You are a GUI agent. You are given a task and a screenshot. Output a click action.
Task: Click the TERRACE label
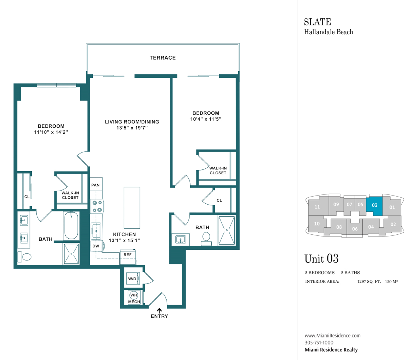163,58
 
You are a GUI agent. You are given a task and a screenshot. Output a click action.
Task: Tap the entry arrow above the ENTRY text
159,311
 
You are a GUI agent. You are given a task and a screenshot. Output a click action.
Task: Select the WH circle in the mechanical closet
134,295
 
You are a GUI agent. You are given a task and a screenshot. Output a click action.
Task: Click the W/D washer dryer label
132,279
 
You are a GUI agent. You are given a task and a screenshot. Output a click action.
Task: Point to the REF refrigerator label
127,255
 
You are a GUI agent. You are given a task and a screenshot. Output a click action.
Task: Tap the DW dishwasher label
96,246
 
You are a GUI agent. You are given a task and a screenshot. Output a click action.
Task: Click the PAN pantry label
95,185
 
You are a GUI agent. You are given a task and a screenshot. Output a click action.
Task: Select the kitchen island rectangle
132,208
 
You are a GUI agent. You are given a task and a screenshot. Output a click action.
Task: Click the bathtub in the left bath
71,226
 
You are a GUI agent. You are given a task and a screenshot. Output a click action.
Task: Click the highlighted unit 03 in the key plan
374,205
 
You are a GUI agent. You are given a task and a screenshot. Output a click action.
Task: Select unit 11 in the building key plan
317,207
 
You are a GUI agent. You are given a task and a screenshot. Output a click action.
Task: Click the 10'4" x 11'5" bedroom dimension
206,119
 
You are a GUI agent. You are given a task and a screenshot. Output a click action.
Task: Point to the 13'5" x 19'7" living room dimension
132,128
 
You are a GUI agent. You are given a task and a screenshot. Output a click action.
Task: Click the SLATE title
318,22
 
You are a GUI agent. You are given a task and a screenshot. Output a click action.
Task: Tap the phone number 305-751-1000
319,343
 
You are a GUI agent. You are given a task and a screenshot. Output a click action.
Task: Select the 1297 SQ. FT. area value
369,281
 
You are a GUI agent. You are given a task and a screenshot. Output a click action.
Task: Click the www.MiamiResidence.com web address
333,336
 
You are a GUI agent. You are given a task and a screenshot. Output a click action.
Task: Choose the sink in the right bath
181,240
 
